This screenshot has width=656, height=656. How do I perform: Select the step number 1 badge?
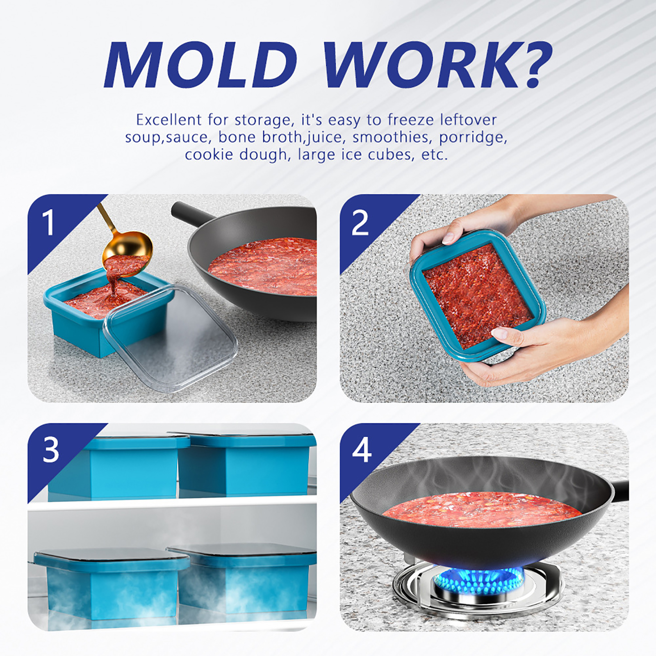point(48,222)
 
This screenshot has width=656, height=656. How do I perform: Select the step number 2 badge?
point(360,223)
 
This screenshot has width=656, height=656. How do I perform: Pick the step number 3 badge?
point(51,450)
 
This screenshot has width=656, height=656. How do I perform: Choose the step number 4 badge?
point(362,450)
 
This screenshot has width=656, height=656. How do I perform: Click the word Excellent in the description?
point(169,120)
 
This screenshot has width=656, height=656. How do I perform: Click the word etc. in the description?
point(435,155)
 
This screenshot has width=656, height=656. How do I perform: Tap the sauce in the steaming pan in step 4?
point(480,510)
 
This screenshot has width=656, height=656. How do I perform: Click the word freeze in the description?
point(410,120)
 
